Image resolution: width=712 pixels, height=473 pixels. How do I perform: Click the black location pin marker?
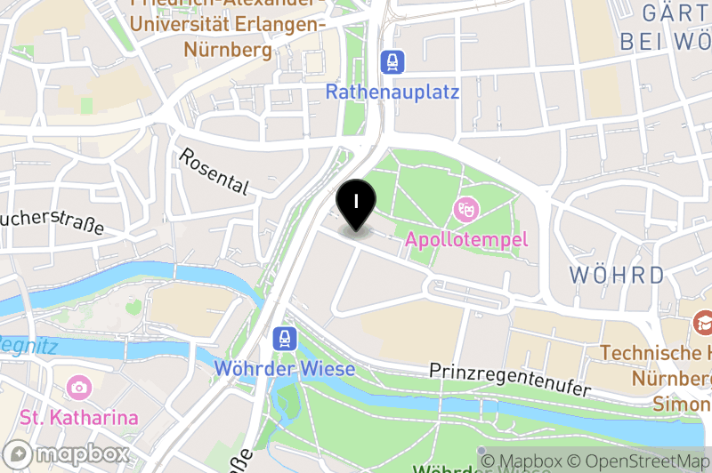click(x=356, y=201)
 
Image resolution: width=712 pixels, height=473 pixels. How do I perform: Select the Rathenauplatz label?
click(x=392, y=92)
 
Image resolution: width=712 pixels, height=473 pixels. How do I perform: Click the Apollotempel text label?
click(x=466, y=239)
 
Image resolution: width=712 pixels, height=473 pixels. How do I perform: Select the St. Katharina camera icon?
click(x=78, y=388)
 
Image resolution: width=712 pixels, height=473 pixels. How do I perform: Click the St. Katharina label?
click(x=79, y=417)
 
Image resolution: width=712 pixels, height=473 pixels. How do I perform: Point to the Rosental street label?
click(x=214, y=171)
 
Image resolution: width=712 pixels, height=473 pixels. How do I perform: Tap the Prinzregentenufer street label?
click(x=510, y=379)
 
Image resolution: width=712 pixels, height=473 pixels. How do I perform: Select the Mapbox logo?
click(x=68, y=454)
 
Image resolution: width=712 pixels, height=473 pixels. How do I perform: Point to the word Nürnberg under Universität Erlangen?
click(x=229, y=50)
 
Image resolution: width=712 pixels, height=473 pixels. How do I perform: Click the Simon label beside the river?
click(x=686, y=404)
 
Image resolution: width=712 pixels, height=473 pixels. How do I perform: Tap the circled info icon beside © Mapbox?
click(x=487, y=461)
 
